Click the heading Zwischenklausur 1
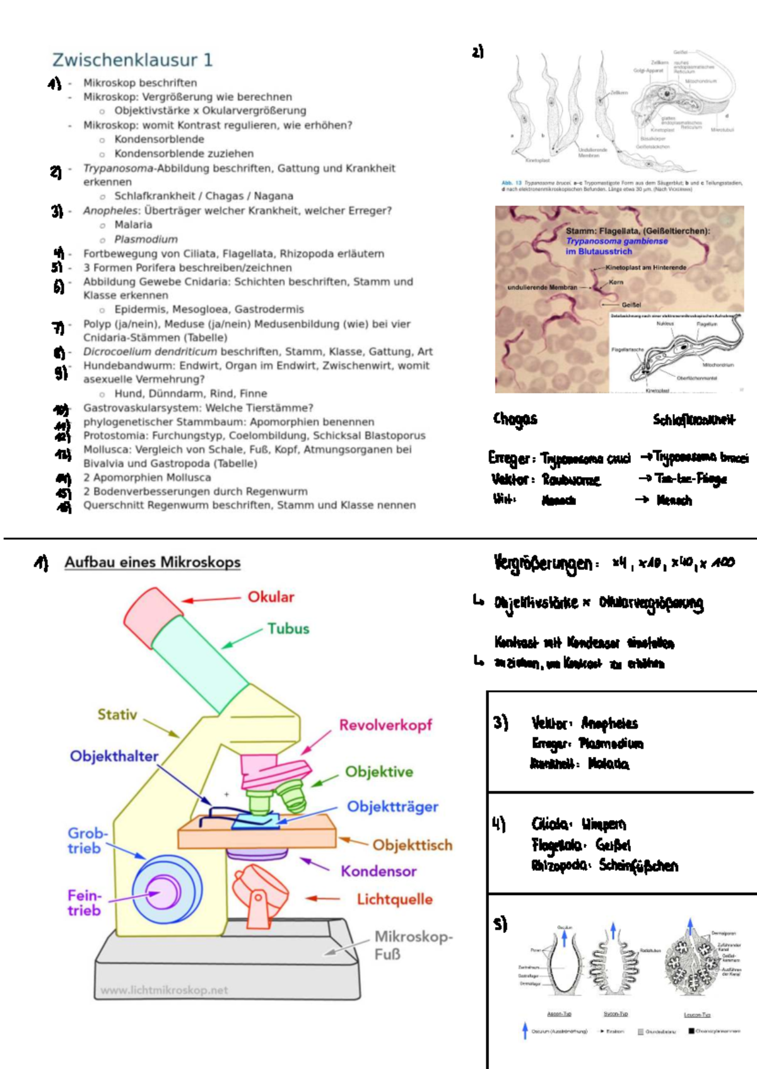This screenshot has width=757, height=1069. pyautogui.click(x=132, y=60)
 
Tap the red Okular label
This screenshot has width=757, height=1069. pyautogui.click(x=271, y=597)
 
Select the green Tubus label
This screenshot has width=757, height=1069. pyautogui.click(x=288, y=628)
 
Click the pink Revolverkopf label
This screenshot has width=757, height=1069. pyautogui.click(x=385, y=725)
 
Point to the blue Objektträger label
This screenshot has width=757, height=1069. pyautogui.click(x=392, y=807)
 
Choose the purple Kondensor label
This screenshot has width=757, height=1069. pyautogui.click(x=378, y=871)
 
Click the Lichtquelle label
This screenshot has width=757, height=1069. pyautogui.click(x=394, y=899)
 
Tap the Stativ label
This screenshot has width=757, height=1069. pyautogui.click(x=117, y=715)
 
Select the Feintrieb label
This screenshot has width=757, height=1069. pyautogui.click(x=85, y=903)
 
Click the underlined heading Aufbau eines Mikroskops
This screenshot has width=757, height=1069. pyautogui.click(x=152, y=562)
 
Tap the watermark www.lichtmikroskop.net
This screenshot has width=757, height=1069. pyautogui.click(x=164, y=990)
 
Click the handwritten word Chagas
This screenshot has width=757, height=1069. pyautogui.click(x=515, y=419)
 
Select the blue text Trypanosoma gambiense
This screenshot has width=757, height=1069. pyautogui.click(x=616, y=241)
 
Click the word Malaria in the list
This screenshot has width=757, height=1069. pyautogui.click(x=133, y=225)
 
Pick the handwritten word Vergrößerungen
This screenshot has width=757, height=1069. pyautogui.click(x=543, y=563)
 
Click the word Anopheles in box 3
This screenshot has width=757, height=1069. pyautogui.click(x=609, y=723)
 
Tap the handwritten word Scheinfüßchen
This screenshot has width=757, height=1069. pyautogui.click(x=638, y=865)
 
